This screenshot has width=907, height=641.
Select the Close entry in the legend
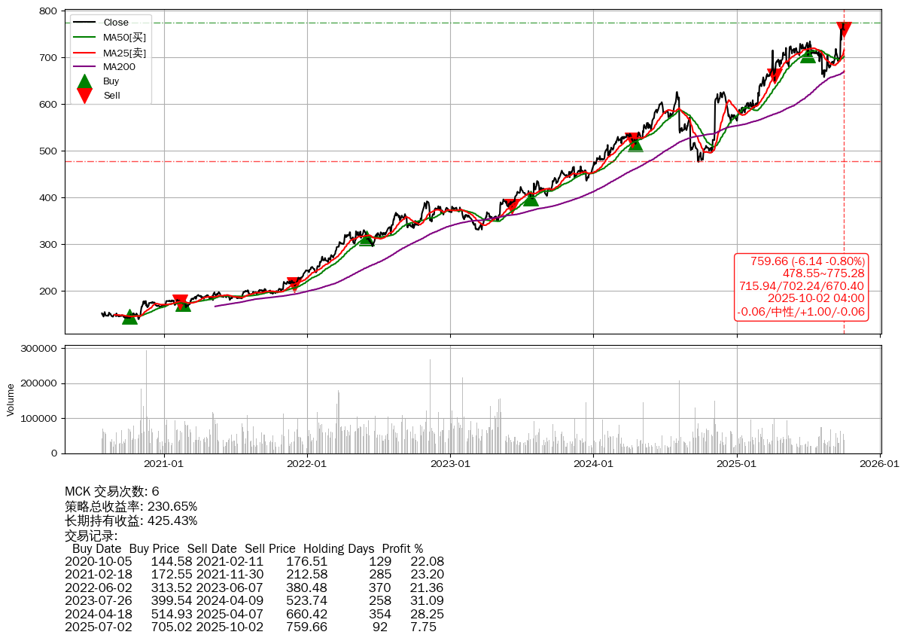pyautogui.click(x=115, y=23)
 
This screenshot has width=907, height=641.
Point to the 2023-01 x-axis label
pyautogui.click(x=450, y=464)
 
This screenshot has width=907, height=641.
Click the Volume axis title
pyautogui.click(x=11, y=399)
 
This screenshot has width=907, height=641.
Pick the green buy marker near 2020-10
pyautogui.click(x=129, y=317)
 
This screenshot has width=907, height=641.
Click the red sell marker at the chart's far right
pyautogui.click(x=844, y=29)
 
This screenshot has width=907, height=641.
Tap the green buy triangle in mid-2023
pyautogui.click(x=531, y=198)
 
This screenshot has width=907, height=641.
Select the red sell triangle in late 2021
pyautogui.click(x=294, y=284)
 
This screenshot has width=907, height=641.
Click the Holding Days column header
pyautogui.click(x=338, y=549)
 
